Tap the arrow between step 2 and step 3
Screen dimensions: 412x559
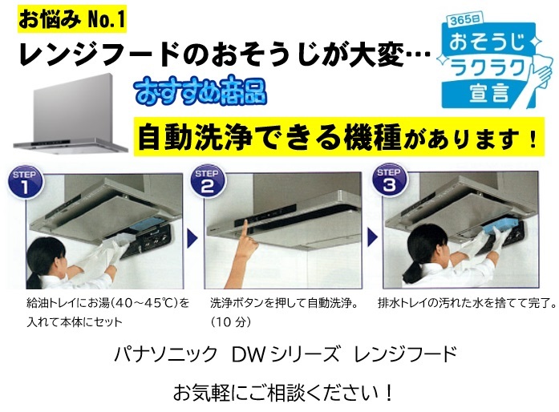(x=373, y=238)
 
